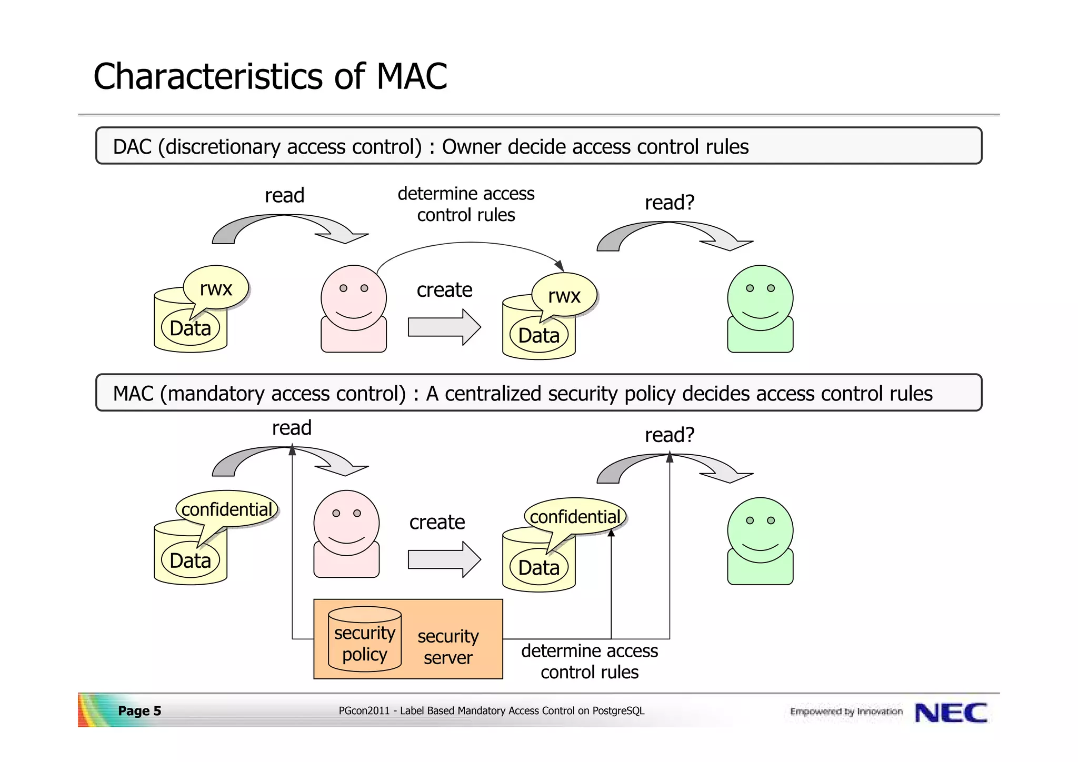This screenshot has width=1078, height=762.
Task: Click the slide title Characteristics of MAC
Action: [x=269, y=77]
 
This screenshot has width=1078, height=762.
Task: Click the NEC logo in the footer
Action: [x=951, y=713]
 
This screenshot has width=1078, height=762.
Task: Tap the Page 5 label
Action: [x=139, y=711]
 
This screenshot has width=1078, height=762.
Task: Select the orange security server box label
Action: [x=448, y=647]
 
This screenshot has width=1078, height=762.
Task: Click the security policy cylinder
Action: [x=364, y=640]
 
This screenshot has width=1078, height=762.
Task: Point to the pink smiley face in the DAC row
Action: [x=354, y=298]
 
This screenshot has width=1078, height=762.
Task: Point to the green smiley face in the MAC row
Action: [x=760, y=530]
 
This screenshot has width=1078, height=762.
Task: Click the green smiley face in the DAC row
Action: [x=760, y=298]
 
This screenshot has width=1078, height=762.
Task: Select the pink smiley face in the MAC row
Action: [x=346, y=523]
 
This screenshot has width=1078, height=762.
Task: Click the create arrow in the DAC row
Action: [x=444, y=327]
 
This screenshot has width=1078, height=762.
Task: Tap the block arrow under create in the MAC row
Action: [x=444, y=559]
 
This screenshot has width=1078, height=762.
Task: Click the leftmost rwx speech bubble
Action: [x=216, y=288]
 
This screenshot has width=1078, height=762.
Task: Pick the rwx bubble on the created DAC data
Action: [x=564, y=296]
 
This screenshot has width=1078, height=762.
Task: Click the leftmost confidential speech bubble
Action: [x=226, y=509]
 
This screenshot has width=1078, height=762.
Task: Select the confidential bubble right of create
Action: [x=575, y=517]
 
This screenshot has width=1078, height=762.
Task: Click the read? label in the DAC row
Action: [x=670, y=203]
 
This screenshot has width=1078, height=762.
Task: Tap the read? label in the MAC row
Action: [x=670, y=435]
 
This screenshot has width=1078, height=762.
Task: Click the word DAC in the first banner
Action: [x=132, y=147]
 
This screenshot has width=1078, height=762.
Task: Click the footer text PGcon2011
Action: [x=364, y=711]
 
